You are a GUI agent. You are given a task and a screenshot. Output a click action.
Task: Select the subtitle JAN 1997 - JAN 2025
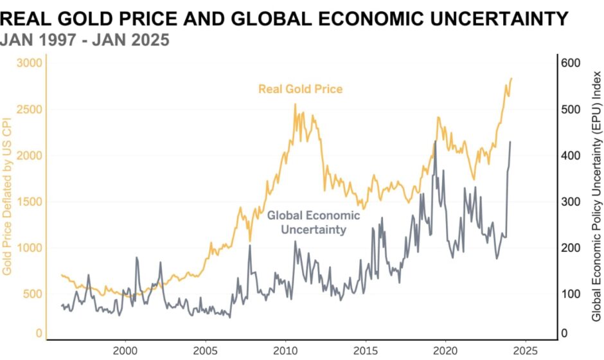(85, 40)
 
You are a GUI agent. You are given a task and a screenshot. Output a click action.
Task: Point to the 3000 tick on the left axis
(29, 63)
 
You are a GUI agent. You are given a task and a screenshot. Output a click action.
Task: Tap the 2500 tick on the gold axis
(29, 109)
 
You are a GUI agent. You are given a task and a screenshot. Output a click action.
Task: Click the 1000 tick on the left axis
(29, 248)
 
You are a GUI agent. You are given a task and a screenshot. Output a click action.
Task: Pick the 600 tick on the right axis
(572, 63)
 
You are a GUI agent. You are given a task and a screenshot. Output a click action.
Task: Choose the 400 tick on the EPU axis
(572, 156)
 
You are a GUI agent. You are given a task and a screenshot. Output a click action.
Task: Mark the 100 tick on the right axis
(572, 294)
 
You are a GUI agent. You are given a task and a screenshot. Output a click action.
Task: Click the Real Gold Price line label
(300, 89)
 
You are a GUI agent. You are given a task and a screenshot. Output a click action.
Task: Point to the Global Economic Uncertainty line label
(314, 222)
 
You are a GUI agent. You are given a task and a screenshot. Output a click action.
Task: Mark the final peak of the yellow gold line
(511, 78)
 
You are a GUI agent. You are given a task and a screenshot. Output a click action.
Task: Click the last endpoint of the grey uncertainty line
(511, 142)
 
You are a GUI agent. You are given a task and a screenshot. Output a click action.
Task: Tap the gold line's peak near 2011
(295, 104)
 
